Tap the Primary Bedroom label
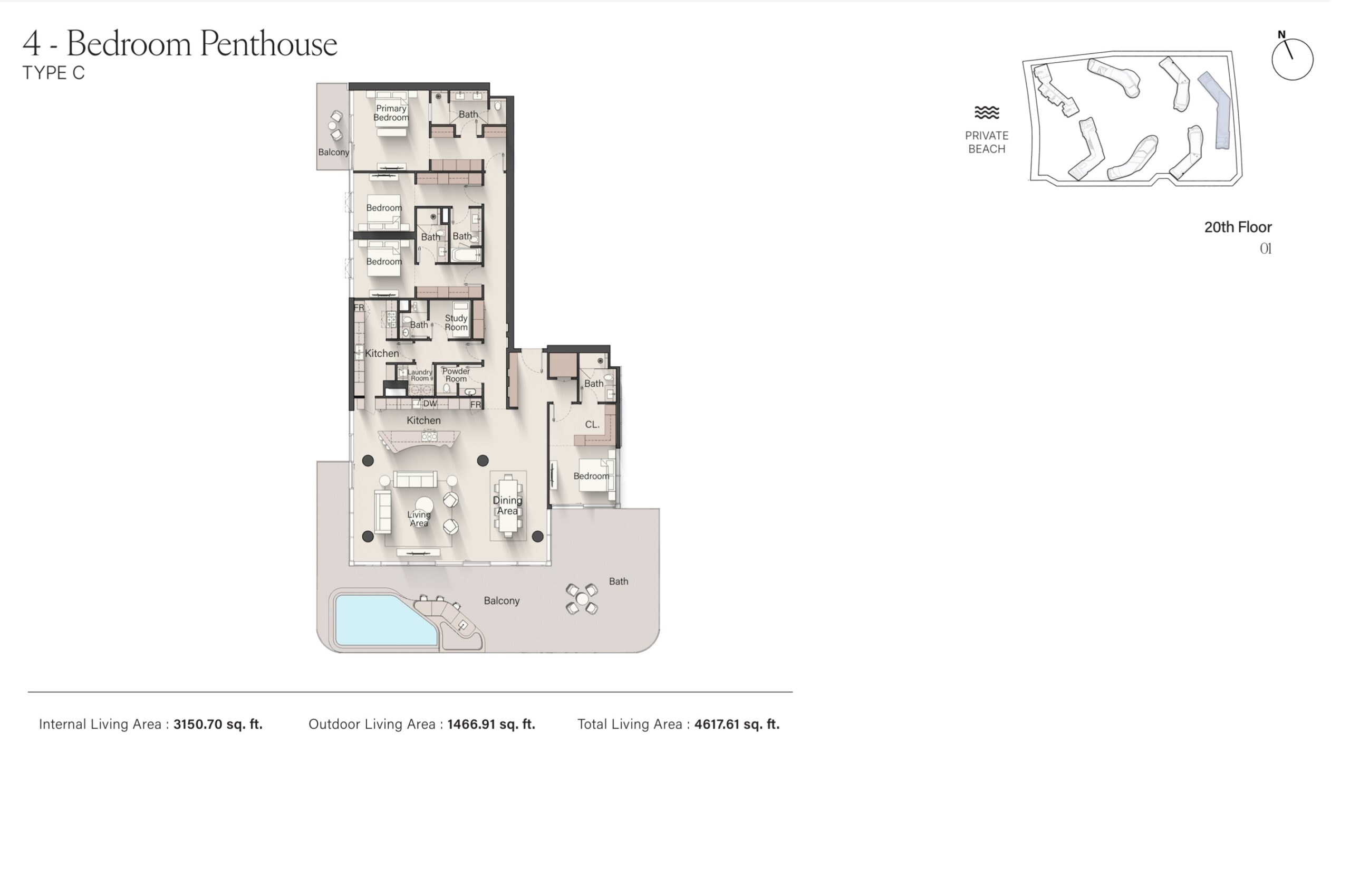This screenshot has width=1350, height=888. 391,113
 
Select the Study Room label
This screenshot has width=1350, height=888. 456,323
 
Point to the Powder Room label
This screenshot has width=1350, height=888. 456,375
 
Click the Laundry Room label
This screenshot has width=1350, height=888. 420,375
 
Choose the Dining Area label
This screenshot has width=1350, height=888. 507,505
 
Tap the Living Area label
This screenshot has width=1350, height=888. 419,519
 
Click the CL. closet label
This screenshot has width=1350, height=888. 592,424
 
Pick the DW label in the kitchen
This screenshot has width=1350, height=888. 430,404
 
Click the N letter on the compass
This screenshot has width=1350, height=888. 1281,35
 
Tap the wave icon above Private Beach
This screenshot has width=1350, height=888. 987,112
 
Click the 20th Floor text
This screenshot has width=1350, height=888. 1238,227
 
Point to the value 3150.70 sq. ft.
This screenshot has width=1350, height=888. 218,724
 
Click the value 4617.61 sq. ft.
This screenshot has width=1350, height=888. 737,724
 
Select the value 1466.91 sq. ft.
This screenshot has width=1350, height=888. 491,724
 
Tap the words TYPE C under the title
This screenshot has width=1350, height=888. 53,73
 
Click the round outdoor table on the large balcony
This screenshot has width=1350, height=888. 582,599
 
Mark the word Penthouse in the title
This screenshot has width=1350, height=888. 269,44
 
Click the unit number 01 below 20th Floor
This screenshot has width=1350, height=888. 1266,249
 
